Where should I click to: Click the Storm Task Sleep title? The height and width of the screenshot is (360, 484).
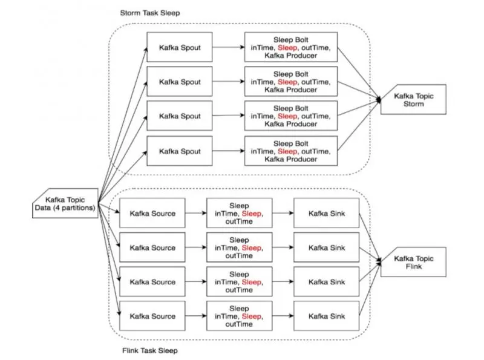coord(150,13)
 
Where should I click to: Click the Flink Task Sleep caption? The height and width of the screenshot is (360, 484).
coord(150,350)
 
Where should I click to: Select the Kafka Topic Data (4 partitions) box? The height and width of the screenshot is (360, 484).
coord(65,203)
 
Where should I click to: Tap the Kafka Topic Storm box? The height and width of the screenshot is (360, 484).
coord(413,99)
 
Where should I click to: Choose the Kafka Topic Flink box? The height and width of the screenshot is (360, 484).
coord(413,262)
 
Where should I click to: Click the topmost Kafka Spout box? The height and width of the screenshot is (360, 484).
coord(180,47)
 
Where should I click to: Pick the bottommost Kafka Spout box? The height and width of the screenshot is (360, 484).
coord(180,151)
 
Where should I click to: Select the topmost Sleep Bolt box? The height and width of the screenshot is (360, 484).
coord(291,47)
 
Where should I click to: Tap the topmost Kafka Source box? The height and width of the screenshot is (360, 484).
coord(152,213)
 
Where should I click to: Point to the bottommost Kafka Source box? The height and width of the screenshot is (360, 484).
coord(152,316)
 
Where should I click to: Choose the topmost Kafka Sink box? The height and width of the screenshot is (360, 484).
coord(327,213)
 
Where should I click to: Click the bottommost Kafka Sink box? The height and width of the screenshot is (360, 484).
coord(327,316)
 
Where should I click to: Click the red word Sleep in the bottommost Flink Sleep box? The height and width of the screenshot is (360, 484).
coord(252,316)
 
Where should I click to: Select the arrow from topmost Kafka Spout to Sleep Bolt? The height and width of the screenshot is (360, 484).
coord(229,47)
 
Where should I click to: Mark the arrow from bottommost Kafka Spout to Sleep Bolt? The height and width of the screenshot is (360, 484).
coord(229,151)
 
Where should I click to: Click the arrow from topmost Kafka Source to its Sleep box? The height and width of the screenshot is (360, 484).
coord(195,213)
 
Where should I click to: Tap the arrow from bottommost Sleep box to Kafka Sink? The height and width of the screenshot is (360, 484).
coord(283,316)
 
